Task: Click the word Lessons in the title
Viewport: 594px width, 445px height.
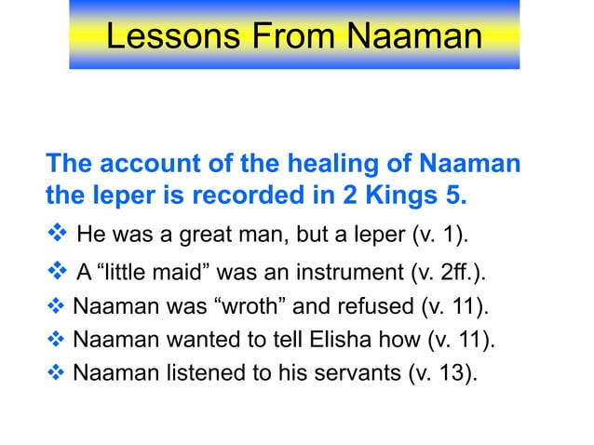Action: pos(166,36)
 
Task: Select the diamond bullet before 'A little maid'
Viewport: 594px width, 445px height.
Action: pos(55,272)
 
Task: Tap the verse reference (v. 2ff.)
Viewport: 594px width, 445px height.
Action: pos(451,272)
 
